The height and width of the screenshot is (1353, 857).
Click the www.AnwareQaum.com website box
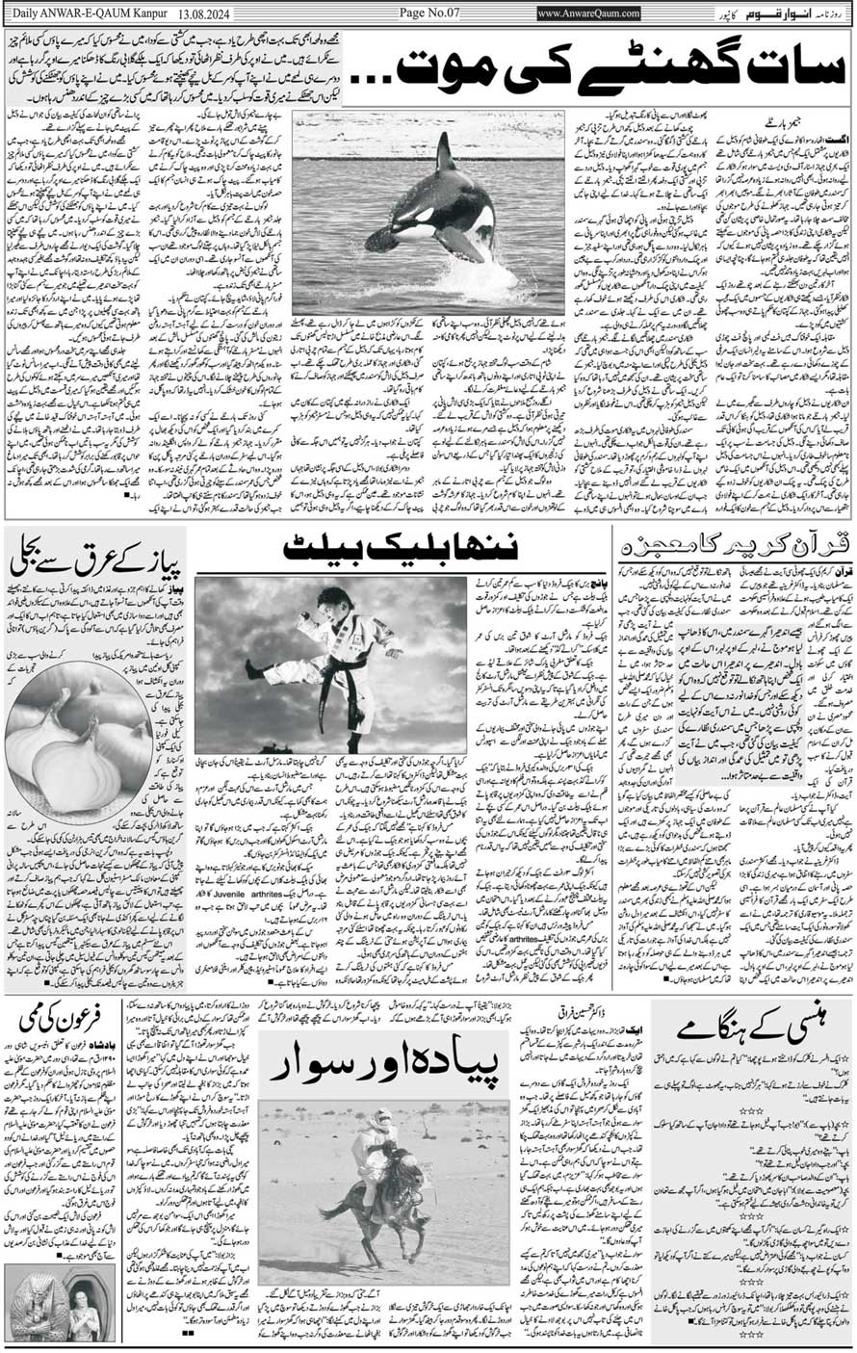588,13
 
